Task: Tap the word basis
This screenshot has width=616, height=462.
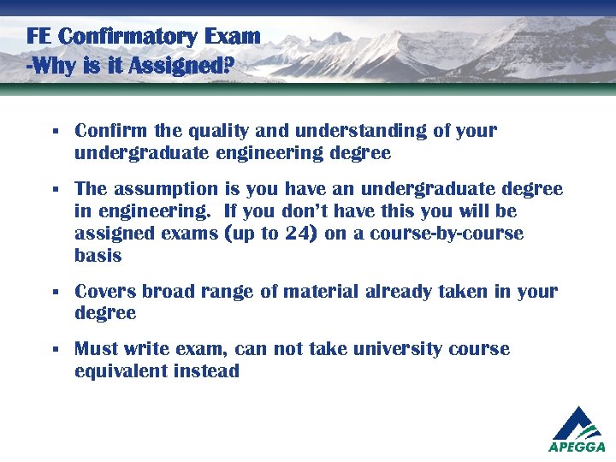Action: click(98, 256)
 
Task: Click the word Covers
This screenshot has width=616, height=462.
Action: click(105, 292)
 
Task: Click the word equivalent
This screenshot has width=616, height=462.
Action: click(120, 371)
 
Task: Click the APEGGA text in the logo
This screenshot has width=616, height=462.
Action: click(577, 447)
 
